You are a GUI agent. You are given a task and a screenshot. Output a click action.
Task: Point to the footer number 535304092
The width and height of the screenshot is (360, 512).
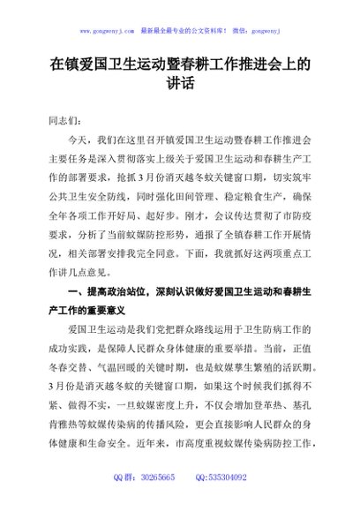(226, 477)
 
